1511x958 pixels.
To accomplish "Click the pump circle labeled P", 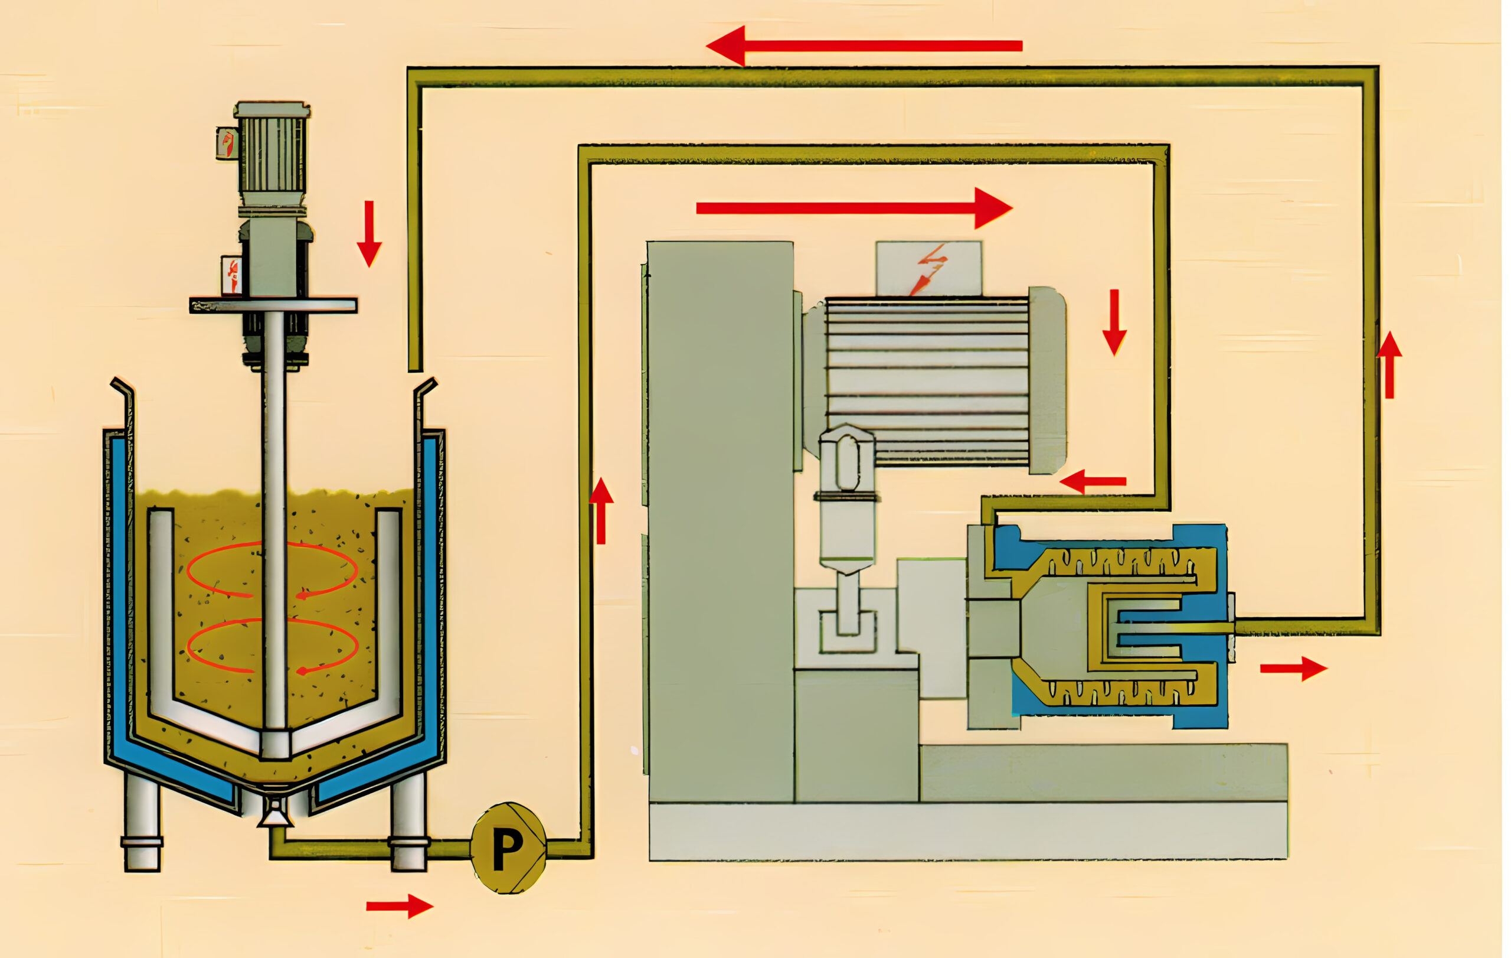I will point(508,848).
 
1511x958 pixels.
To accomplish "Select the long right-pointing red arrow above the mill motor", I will point(853,208).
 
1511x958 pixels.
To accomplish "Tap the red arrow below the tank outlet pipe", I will point(400,906).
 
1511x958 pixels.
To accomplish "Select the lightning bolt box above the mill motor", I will point(928,268).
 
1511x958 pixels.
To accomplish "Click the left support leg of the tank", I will point(142,822).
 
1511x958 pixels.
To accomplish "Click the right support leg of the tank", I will point(408,822).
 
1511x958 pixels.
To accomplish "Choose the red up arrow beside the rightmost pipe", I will point(1389,365).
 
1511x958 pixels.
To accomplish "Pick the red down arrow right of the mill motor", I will point(1114,322).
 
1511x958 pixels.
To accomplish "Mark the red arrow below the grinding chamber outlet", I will point(1293,669).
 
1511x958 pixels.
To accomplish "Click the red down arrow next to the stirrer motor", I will point(369,233).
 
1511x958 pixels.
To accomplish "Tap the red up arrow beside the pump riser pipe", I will point(601,510).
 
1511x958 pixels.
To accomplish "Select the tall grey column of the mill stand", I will point(720,521).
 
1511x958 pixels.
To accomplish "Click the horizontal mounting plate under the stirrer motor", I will point(274,306).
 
